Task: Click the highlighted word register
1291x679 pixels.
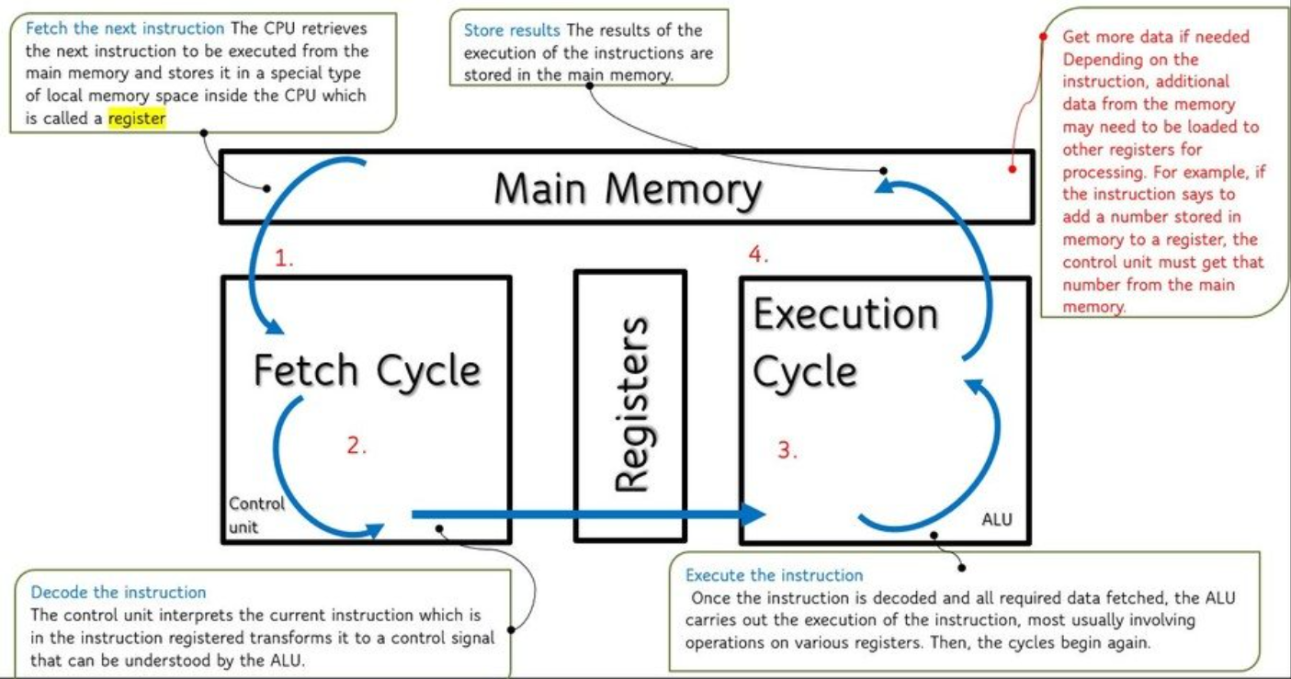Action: click(137, 118)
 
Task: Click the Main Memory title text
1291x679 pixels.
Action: click(629, 189)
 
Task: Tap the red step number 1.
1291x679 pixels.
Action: click(284, 259)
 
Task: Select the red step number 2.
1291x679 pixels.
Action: click(357, 447)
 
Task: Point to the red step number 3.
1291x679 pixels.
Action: click(787, 450)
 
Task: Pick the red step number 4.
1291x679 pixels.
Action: click(758, 255)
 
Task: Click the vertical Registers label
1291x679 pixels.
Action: click(630, 404)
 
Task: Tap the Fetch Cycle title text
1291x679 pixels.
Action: click(367, 371)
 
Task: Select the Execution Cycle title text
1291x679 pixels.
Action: click(845, 343)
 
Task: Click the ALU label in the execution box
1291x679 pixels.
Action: click(996, 520)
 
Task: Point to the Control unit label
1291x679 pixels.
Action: click(256, 515)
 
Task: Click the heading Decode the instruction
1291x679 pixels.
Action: click(119, 593)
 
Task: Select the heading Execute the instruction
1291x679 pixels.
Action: click(774, 575)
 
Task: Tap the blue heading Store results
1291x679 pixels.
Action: click(512, 30)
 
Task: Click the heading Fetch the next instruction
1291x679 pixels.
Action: click(126, 28)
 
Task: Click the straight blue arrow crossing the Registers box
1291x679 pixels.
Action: click(588, 515)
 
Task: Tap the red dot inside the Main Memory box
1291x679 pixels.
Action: click(1012, 169)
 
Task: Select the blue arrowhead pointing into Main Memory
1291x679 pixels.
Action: click(885, 187)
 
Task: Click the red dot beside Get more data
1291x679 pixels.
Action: click(1044, 37)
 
